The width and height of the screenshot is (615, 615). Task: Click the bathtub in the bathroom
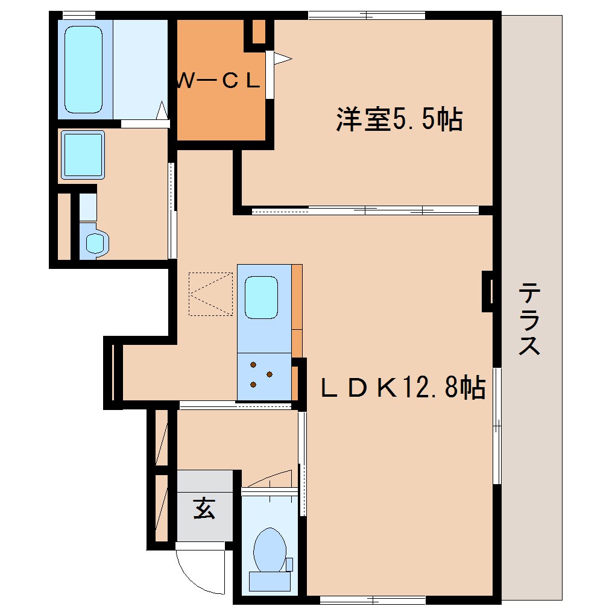point(84,69)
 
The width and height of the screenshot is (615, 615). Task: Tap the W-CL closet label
point(218,81)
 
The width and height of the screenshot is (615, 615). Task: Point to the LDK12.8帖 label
point(403,386)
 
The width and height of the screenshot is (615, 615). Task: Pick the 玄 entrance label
point(204,509)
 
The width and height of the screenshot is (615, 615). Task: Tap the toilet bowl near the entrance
point(269,549)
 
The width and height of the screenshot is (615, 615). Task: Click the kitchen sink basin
point(262,297)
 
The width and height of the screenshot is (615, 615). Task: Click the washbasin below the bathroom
point(83,154)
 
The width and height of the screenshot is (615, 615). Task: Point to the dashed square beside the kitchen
point(210,294)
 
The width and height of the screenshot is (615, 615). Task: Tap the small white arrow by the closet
point(282,58)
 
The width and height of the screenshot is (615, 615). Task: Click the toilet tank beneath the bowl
point(270,581)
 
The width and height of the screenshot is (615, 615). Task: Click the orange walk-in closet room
point(220,102)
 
